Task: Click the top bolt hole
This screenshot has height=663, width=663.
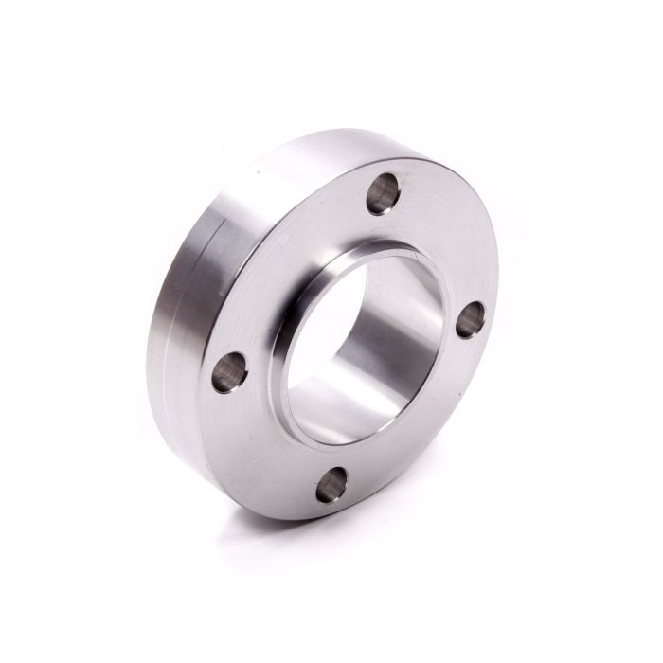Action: pos(384,193)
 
